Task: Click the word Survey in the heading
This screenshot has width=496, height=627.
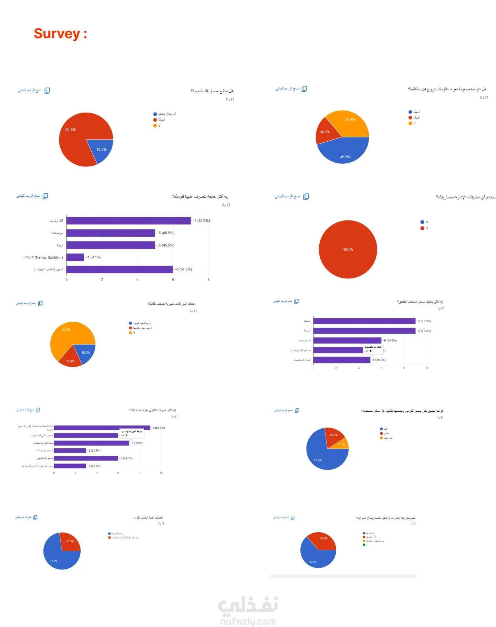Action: [x=57, y=34]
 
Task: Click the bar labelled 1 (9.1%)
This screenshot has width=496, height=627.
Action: [x=75, y=257]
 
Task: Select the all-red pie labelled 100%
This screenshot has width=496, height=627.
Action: [x=348, y=249]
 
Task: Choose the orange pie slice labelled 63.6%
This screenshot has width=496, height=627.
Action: [x=69, y=336]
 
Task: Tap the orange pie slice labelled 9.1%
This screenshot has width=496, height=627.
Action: [x=342, y=444]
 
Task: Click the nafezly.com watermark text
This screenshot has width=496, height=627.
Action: [x=248, y=621]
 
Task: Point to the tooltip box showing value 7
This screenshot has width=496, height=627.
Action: [x=132, y=433]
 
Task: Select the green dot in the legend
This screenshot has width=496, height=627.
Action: [x=364, y=545]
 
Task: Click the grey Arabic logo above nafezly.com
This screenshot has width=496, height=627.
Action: [x=248, y=606]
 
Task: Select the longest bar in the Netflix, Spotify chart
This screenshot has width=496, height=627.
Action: [x=128, y=221]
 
